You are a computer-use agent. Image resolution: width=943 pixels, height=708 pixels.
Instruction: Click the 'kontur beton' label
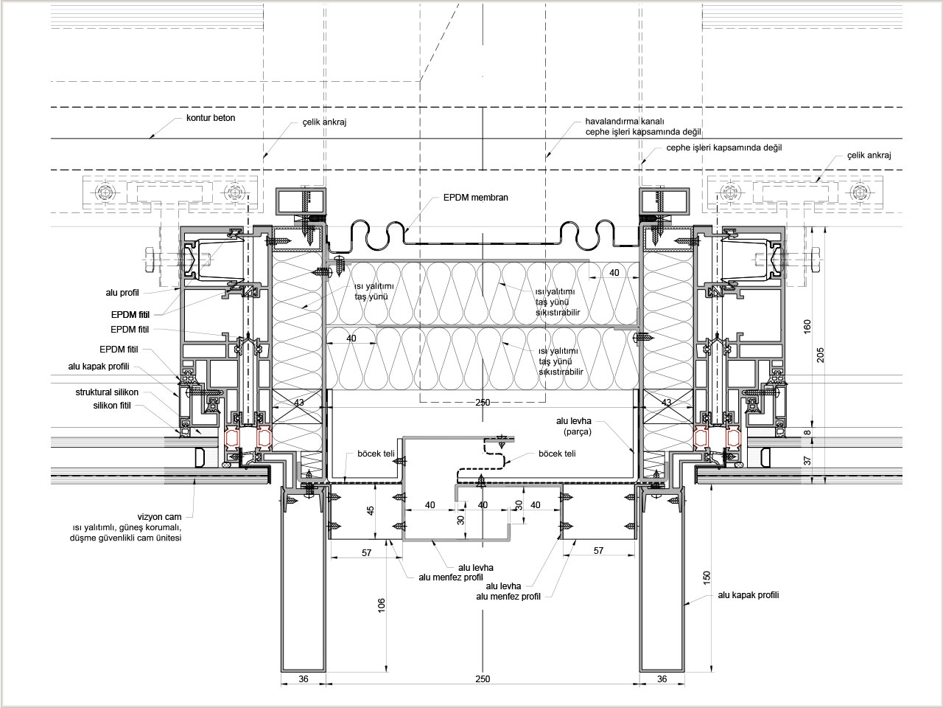[x=211, y=118]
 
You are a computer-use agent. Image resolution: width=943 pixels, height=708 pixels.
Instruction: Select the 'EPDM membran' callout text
[x=476, y=198]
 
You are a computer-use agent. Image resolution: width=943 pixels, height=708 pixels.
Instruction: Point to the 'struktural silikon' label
[x=107, y=392]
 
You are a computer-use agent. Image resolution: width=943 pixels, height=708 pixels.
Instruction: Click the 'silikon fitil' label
[x=112, y=406]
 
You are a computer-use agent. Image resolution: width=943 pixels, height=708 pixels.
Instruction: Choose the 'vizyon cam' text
[x=159, y=517]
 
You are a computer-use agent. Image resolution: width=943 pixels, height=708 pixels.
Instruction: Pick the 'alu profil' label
[x=122, y=293]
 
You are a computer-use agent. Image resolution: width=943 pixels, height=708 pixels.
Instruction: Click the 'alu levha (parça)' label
[x=573, y=426]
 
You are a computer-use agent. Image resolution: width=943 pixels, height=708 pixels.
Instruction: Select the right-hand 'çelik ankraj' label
[x=869, y=155]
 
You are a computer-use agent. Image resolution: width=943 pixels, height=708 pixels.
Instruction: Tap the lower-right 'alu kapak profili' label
[x=749, y=595]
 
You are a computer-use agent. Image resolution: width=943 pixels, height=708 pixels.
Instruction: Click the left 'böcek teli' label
[x=376, y=454]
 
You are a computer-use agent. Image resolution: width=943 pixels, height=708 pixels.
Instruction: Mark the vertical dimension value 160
[x=807, y=327]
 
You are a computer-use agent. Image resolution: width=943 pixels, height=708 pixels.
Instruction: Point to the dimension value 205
[x=821, y=355]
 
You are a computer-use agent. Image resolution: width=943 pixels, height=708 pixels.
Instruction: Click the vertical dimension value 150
[x=707, y=577]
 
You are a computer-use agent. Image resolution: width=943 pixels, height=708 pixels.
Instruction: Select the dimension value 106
[x=382, y=605]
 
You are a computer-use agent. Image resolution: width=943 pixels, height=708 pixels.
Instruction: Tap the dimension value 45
[x=371, y=510]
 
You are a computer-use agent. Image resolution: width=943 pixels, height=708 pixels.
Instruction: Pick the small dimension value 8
[x=807, y=432]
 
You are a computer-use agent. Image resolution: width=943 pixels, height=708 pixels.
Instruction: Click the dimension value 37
[x=807, y=460]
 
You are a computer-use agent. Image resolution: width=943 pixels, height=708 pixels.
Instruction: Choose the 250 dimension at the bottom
[x=483, y=678]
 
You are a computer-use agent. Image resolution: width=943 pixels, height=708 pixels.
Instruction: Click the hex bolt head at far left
[x=150, y=260]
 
